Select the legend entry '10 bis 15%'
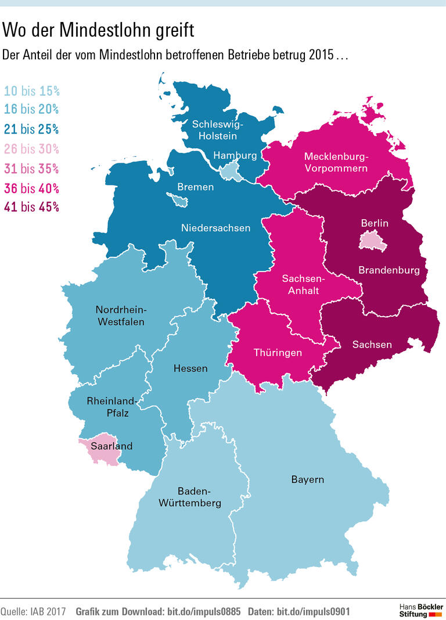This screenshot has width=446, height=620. [x=32, y=91]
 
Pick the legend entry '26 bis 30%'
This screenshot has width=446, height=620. [x=32, y=149]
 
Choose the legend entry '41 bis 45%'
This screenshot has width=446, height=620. [x=32, y=207]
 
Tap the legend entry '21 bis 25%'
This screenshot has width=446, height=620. [x=32, y=129]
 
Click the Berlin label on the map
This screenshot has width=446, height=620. [x=375, y=223]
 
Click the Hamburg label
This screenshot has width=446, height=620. [x=235, y=155]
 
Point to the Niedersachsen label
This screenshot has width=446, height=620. [x=215, y=228]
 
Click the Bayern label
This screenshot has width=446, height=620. [x=307, y=479]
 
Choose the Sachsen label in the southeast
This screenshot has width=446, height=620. [x=372, y=345]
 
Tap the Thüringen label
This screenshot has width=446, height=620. [x=278, y=353]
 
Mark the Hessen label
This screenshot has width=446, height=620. [x=190, y=368]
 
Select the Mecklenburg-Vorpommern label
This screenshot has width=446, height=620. [x=336, y=162]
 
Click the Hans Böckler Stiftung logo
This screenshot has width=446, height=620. [x=421, y=610]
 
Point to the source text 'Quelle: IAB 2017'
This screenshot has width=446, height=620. [x=33, y=612]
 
